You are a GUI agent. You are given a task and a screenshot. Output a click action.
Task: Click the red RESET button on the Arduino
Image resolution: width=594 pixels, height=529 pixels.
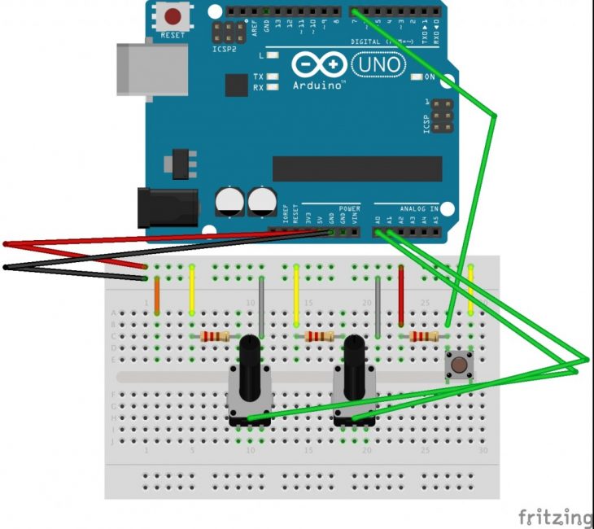coord(173,15)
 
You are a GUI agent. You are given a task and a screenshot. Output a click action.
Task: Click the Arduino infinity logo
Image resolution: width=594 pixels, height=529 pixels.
coord(319,63)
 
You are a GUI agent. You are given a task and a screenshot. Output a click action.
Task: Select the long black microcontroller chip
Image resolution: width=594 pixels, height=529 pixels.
coord(357,168)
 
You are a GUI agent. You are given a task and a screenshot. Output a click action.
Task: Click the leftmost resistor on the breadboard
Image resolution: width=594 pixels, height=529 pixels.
coord(215,336)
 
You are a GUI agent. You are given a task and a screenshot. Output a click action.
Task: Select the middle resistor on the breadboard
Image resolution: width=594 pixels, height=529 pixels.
coord(319,336)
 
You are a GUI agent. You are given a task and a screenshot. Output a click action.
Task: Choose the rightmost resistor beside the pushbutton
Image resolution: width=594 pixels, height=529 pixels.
coord(424,336)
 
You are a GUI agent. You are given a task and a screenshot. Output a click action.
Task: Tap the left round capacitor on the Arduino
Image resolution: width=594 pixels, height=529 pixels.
coord(230,202)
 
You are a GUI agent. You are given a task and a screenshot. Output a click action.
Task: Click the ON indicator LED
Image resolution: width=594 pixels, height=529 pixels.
coord(417,77)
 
